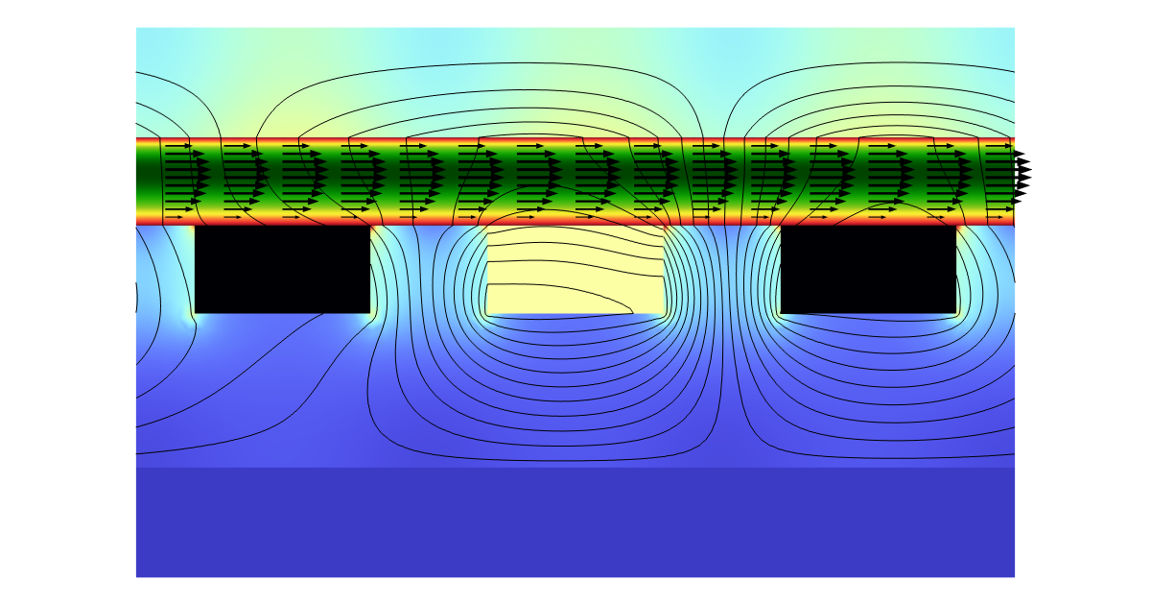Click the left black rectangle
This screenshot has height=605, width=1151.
tap(282, 269)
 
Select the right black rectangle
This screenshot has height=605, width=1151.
tap(869, 269)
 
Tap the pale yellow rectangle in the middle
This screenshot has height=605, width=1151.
tap(575, 271)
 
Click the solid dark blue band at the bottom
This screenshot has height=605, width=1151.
tap(575, 522)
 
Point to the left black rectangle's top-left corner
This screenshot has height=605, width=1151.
tap(195, 227)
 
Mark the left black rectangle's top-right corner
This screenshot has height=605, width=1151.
tap(370, 227)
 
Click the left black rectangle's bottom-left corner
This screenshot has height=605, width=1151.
tap(195, 313)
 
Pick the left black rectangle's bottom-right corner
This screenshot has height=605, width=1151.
tap(370, 313)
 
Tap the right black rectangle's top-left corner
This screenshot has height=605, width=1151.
tap(781, 227)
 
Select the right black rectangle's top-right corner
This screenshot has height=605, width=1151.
tap(957, 227)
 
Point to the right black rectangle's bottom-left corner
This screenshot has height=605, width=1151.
tap(781, 313)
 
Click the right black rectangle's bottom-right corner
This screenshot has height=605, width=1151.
tap(957, 313)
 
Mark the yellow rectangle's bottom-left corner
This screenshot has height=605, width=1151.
tap(487, 313)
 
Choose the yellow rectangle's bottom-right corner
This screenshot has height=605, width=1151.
tap(665, 313)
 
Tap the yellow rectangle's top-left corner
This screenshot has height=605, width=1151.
tap(487, 228)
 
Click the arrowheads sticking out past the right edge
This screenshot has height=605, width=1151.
tap(1022, 173)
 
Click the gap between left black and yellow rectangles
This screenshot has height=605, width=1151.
tap(429, 271)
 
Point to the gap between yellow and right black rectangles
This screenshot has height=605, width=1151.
tap(723, 271)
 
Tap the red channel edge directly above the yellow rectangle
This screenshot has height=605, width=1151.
tap(575, 221)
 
